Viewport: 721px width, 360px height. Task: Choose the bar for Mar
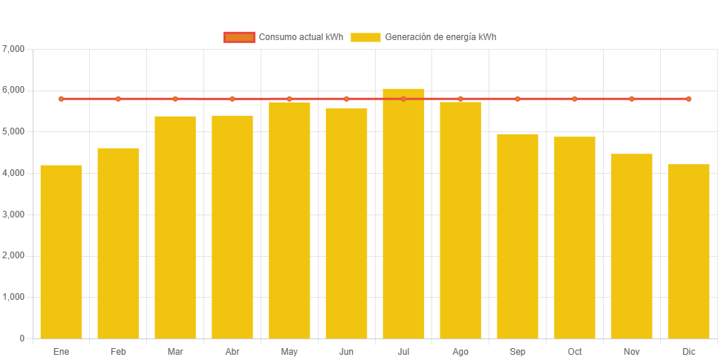click(175, 226)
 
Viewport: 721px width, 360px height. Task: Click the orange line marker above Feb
click(118, 99)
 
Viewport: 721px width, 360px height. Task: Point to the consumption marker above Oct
click(575, 99)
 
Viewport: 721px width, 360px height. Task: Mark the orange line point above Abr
click(232, 99)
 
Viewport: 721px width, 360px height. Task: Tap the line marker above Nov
click(632, 99)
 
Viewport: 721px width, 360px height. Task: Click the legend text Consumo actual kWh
click(301, 37)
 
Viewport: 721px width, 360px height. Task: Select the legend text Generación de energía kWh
click(441, 37)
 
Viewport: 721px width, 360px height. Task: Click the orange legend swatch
click(238, 37)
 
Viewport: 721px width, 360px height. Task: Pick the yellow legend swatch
click(365, 37)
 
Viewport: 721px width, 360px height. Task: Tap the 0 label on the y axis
click(22, 338)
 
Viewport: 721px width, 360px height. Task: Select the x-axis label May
click(290, 351)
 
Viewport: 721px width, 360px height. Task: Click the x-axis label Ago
click(460, 351)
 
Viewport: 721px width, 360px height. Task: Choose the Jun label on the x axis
click(346, 351)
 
